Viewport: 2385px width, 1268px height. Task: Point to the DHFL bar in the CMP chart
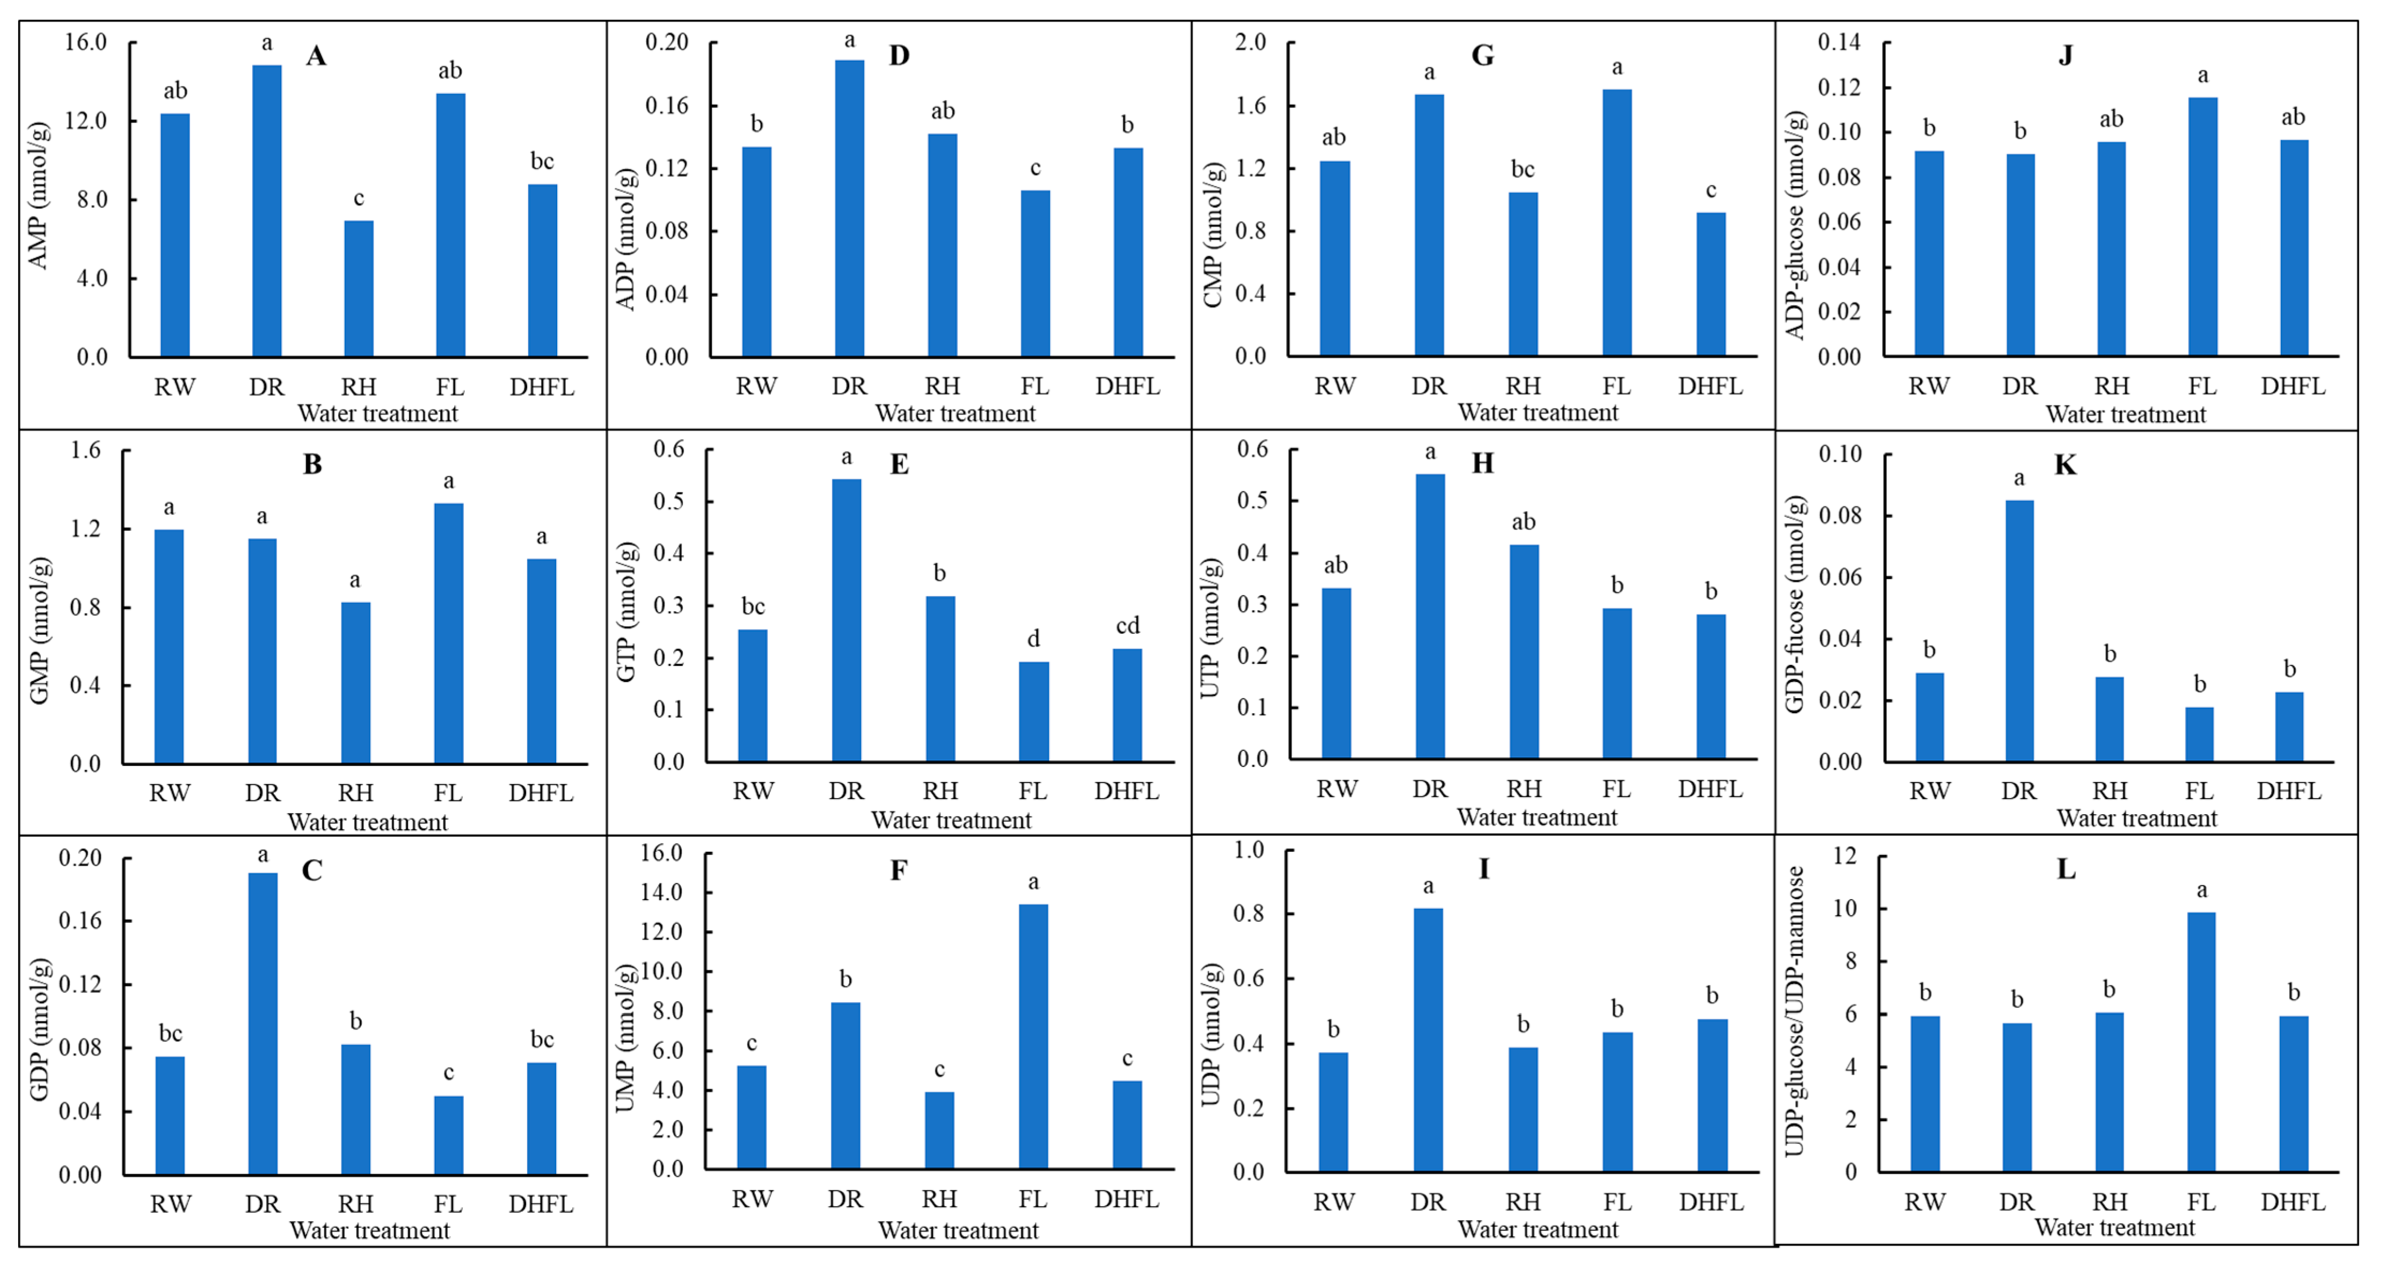pyautogui.click(x=1710, y=284)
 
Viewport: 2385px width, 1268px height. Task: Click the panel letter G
pyautogui.click(x=1482, y=55)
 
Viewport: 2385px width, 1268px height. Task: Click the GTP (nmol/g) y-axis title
pyautogui.click(x=627, y=611)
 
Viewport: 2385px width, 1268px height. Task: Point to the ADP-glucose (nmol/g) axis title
pyautogui.click(x=1795, y=225)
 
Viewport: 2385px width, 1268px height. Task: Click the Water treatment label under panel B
pyautogui.click(x=368, y=822)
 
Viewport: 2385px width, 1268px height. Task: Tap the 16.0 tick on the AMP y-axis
pyautogui.click(x=85, y=42)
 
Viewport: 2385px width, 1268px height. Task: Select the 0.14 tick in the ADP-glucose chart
pyautogui.click(x=1838, y=42)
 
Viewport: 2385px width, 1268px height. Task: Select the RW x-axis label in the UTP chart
pyautogui.click(x=1336, y=788)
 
